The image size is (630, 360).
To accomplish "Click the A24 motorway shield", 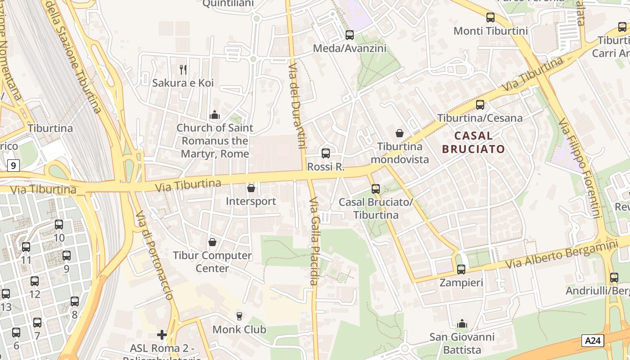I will [592, 341].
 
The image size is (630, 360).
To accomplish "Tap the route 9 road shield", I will [13, 166].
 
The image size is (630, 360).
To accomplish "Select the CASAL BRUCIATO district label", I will [473, 142].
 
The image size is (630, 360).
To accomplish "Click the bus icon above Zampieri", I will [461, 270].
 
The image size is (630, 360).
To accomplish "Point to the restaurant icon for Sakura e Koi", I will [183, 69].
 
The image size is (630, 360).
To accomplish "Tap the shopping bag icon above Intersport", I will [251, 188].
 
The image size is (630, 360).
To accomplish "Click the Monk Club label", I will [239, 329].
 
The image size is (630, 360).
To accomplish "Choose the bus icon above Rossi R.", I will [326, 153].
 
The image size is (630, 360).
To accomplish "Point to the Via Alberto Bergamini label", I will [561, 254].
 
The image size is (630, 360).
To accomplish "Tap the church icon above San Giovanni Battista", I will [462, 324].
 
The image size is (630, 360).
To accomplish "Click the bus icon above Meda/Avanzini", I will [350, 35].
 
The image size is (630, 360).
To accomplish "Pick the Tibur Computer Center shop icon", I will [212, 242].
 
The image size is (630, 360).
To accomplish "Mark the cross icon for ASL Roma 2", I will [162, 334].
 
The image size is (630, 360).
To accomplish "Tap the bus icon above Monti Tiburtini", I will [490, 18].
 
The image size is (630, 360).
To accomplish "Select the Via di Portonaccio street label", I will [154, 255].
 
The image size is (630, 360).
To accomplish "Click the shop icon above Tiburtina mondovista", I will [399, 133].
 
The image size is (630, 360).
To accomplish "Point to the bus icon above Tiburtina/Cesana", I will [480, 105].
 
